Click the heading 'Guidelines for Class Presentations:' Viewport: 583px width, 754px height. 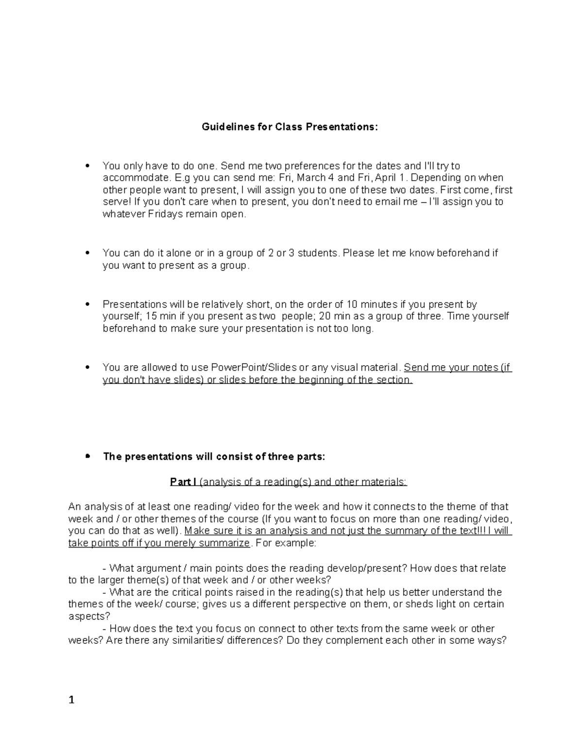290,127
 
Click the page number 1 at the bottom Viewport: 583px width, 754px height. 71,700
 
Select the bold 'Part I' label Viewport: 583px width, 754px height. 183,482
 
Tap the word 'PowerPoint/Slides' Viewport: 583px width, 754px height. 253,368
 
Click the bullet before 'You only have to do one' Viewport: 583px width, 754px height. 87,166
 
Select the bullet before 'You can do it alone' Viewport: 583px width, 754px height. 87,253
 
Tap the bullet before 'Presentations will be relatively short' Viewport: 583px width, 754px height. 87,304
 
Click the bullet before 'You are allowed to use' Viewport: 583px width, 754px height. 87,368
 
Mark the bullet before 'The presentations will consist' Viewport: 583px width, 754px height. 87,456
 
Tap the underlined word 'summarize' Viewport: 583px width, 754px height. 225,543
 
